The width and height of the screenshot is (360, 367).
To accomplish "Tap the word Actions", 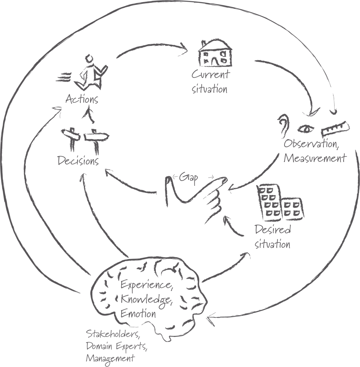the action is (x=82, y=99).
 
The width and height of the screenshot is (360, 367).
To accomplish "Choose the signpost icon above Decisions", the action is (x=84, y=139).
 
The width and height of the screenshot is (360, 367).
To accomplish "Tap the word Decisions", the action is (x=78, y=161).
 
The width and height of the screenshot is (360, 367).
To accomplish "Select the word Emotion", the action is (x=138, y=314).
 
